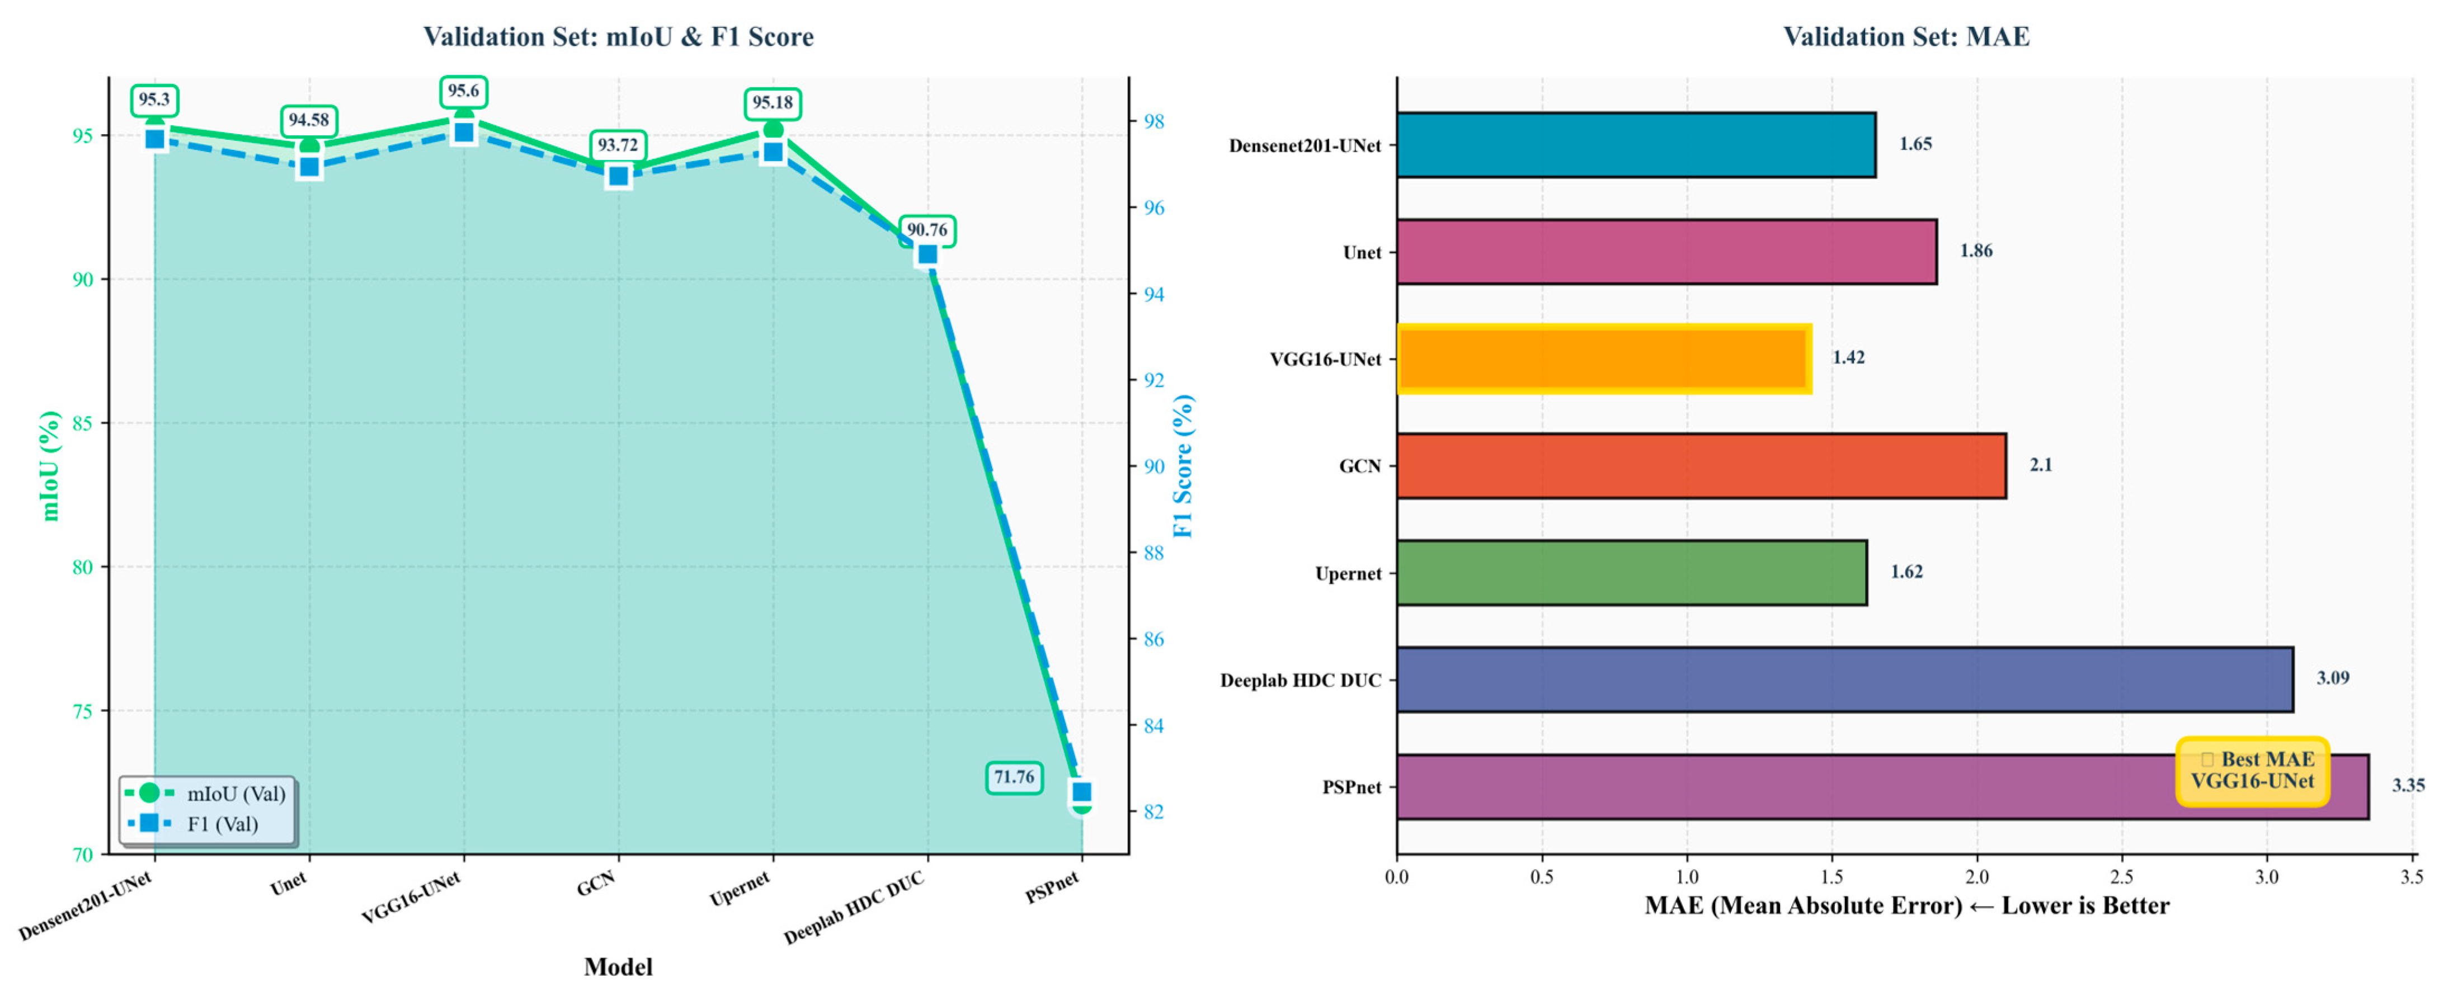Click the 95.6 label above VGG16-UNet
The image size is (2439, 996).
tap(463, 91)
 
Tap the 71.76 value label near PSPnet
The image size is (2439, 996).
tap(1014, 777)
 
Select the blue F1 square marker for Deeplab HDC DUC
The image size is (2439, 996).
tap(927, 254)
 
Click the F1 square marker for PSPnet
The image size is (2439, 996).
tap(1081, 791)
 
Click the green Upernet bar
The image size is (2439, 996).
tap(1631, 573)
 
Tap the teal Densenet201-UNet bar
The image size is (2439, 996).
tap(1636, 145)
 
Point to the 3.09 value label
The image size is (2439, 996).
tap(2333, 678)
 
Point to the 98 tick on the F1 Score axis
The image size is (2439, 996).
tap(1153, 121)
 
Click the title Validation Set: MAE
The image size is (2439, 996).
tap(1906, 37)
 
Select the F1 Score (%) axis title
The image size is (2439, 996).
tap(1184, 466)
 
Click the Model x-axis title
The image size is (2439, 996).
tap(618, 967)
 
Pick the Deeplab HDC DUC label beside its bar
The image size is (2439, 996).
tap(1300, 681)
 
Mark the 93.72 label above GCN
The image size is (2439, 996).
tap(618, 145)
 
